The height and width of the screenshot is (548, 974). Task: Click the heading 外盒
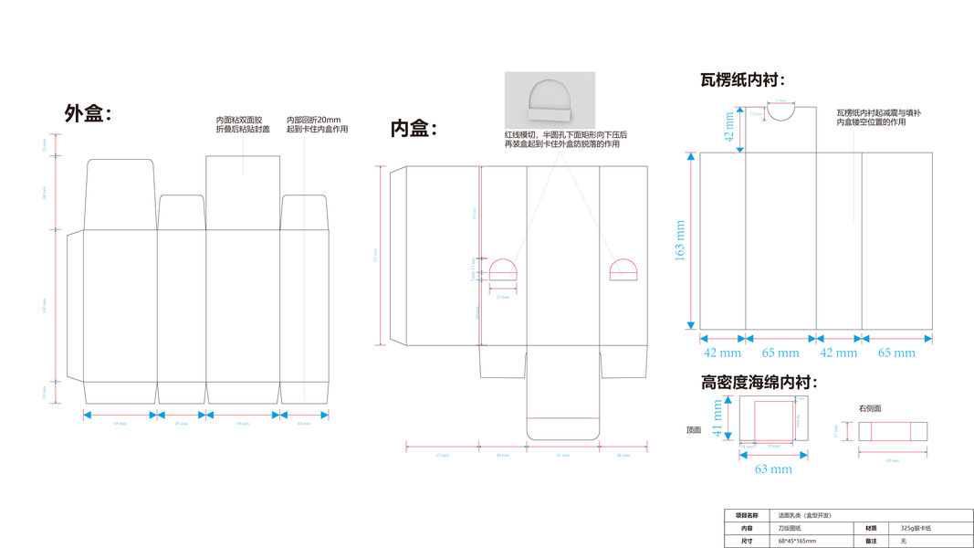87,113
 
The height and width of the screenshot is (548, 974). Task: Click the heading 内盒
414,129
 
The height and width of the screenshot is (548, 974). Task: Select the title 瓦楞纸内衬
742,80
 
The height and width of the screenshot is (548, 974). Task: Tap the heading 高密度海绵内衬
759,382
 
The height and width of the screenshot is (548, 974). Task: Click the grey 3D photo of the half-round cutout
550,100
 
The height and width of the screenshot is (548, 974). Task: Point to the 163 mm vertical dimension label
679,240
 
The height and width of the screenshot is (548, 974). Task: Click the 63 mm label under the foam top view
773,469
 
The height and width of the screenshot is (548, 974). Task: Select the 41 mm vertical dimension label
717,418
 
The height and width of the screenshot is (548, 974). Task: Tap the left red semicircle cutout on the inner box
503,269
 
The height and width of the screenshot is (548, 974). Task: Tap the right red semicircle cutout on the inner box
623,269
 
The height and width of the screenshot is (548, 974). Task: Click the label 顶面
694,429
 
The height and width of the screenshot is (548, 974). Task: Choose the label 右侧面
870,408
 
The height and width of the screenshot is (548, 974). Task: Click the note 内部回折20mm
313,120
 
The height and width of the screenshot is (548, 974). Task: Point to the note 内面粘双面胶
239,120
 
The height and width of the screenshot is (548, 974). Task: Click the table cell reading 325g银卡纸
916,528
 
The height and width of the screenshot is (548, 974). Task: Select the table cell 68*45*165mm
798,541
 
